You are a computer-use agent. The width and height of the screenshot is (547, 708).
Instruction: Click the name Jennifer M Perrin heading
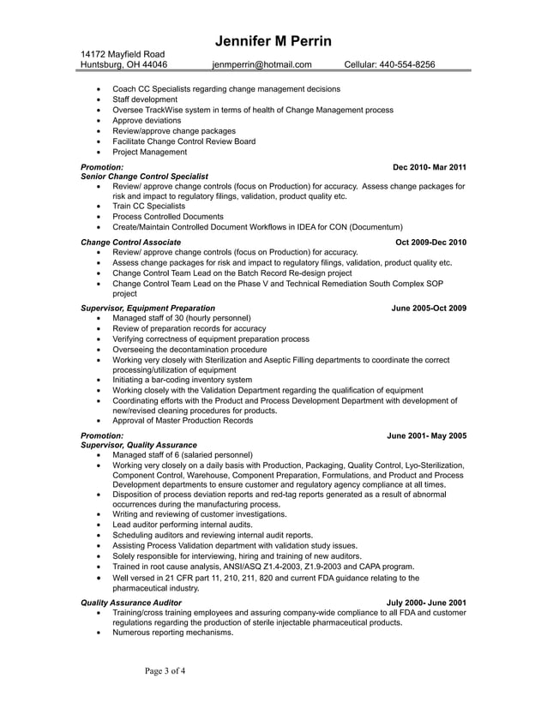point(273,42)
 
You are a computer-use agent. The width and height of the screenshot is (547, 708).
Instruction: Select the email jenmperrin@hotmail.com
point(262,64)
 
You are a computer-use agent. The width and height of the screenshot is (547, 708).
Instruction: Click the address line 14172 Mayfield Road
point(117,54)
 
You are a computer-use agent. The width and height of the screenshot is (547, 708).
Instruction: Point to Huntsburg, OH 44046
point(123,64)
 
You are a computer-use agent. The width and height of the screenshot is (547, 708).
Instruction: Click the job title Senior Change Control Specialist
point(144,176)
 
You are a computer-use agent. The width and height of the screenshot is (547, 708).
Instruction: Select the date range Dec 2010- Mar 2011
point(429,166)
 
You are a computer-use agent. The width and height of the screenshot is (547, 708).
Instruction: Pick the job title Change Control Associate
point(130,243)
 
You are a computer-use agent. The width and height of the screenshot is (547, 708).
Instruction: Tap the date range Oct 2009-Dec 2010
point(430,243)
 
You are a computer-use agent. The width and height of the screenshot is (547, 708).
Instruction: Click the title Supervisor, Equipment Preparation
point(147,308)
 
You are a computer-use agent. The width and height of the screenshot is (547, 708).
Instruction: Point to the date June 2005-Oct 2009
point(429,308)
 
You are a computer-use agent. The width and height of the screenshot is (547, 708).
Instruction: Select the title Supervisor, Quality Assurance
point(138,446)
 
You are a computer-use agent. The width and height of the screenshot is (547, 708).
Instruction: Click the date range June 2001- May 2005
point(427,435)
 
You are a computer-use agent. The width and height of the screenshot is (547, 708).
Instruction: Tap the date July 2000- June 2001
point(427,603)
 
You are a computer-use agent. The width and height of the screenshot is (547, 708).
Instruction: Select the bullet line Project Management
point(149,152)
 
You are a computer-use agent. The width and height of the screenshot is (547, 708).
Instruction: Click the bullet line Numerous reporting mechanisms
point(172,633)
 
